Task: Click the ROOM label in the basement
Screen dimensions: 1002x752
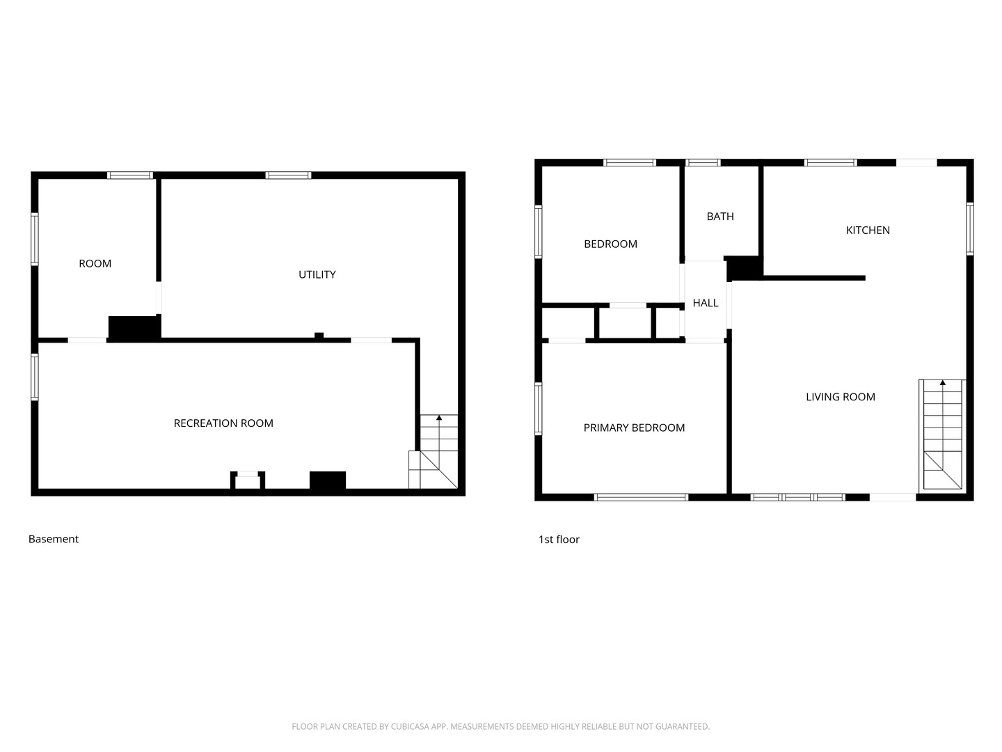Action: pos(95,263)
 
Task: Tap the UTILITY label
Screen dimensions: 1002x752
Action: pos(317,274)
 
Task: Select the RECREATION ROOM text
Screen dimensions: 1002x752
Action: pos(223,423)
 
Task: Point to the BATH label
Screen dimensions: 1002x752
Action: pos(720,217)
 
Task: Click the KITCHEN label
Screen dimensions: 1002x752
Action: pos(867,230)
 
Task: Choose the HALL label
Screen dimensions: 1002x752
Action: pos(706,303)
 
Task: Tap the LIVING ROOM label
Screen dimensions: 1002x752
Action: pos(840,397)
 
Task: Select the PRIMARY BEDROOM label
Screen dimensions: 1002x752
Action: pos(634,428)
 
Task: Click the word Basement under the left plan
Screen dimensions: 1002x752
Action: pos(54,539)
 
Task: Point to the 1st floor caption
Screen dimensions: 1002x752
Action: pos(559,539)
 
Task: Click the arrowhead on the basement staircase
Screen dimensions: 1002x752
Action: pos(438,417)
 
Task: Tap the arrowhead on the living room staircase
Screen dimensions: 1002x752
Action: pos(942,383)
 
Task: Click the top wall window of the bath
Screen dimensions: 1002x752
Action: pos(703,162)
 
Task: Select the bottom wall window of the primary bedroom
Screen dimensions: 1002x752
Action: pos(640,497)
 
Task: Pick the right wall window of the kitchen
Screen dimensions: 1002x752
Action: pos(969,229)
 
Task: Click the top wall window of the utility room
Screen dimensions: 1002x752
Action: pos(288,175)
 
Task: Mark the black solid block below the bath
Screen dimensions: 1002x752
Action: pos(742,268)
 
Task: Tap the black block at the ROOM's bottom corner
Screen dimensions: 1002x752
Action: pos(134,328)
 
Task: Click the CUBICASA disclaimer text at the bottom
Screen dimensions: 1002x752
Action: pos(500,726)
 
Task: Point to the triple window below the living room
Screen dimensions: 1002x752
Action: pos(797,497)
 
